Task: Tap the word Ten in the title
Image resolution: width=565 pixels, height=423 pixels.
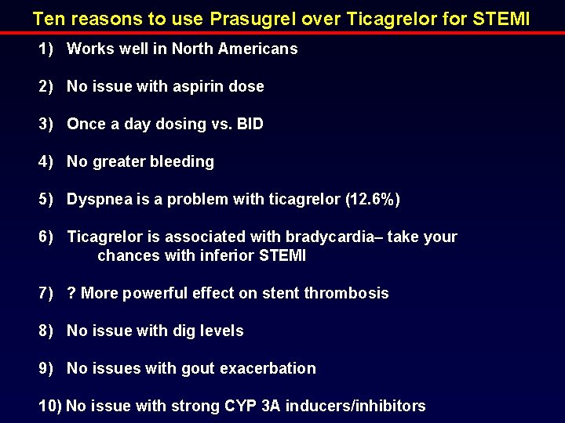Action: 48,17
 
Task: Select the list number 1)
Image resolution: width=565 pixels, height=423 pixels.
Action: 46,49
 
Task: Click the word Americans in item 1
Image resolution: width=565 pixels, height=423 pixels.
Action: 261,49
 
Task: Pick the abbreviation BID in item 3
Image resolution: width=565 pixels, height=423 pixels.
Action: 249,124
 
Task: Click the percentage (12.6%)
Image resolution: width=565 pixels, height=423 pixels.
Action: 373,199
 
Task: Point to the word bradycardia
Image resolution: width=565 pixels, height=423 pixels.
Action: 356,237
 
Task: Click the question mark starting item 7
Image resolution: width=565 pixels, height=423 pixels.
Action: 71,293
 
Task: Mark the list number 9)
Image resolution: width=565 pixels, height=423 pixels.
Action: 46,368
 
